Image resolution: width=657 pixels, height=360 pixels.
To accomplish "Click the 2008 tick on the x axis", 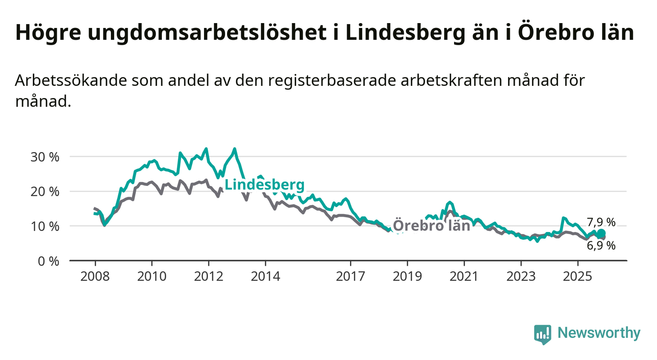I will click(x=95, y=277).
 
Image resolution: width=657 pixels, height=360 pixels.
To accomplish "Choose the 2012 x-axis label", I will click(x=208, y=277).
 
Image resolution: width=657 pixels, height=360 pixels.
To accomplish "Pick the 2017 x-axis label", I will click(x=351, y=277).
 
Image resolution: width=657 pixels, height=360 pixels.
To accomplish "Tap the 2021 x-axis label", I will click(x=464, y=277).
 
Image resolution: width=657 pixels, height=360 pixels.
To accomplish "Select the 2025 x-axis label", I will click(x=578, y=277).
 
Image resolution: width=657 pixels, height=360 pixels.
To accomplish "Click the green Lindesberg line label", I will click(x=264, y=185).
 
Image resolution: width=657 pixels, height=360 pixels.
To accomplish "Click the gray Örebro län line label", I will click(x=431, y=226).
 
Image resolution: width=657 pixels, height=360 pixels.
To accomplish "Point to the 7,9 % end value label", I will click(x=601, y=222).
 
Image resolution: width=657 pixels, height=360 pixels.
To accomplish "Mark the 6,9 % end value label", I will click(x=601, y=246).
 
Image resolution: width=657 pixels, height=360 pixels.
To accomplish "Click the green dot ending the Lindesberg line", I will click(x=602, y=233).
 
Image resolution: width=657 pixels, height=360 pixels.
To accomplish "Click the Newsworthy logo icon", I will click(x=543, y=334).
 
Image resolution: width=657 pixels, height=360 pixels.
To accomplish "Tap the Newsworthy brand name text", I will click(x=599, y=334).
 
